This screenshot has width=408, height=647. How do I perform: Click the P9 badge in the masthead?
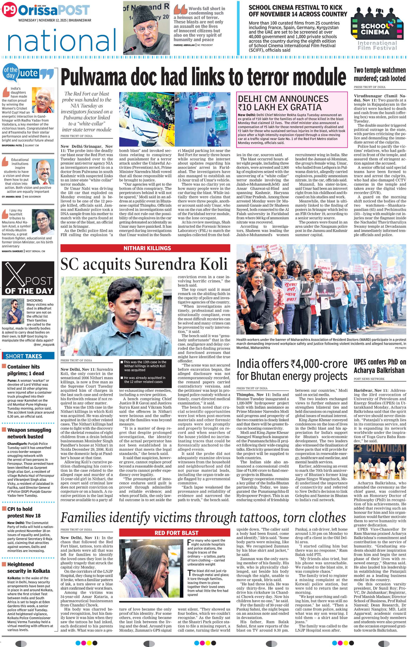click(x=9, y=10)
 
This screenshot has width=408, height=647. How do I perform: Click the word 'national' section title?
click(x=62, y=40)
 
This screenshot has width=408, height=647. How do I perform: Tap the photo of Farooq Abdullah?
click(x=146, y=28)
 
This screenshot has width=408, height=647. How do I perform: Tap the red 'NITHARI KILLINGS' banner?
click(x=145, y=248)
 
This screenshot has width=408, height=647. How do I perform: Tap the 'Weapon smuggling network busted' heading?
click(x=29, y=433)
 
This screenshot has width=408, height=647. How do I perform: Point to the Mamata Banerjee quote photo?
click(x=43, y=222)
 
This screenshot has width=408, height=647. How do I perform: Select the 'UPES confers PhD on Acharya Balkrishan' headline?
click(x=379, y=366)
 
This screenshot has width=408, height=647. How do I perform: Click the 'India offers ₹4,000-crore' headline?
click(x=292, y=370)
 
